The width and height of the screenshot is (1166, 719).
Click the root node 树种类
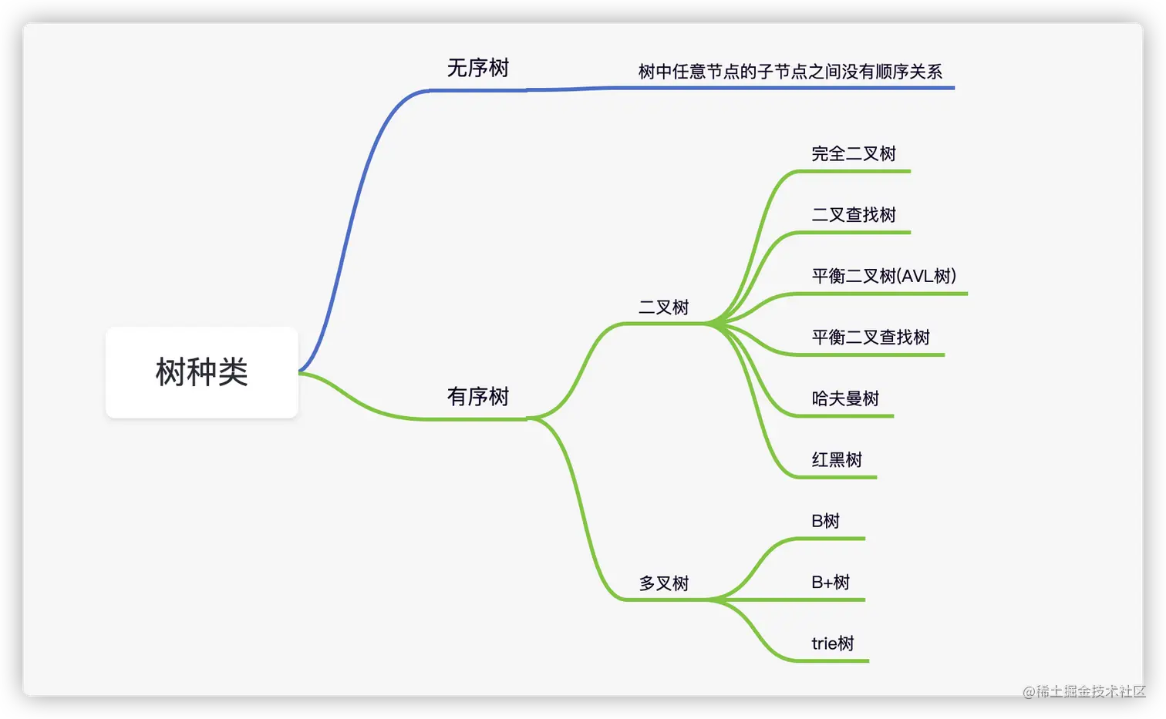click(201, 372)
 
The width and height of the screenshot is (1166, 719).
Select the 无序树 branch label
click(478, 69)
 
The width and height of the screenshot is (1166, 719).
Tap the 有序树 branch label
click(478, 397)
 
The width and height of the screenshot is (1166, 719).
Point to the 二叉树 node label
click(663, 307)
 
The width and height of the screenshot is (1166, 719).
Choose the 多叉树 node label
click(663, 583)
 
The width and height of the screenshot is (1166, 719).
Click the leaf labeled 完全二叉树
click(854, 154)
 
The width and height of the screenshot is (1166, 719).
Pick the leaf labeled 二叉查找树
click(854, 215)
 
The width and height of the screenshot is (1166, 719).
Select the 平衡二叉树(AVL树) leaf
click(884, 276)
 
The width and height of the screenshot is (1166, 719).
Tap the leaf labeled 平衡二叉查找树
click(871, 338)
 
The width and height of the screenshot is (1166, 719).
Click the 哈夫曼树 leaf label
click(845, 398)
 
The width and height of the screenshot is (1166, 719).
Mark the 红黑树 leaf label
click(837, 460)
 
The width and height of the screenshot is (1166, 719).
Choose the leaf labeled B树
click(825, 521)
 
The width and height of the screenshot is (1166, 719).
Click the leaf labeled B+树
click(831, 583)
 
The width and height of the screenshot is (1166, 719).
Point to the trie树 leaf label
click(833, 643)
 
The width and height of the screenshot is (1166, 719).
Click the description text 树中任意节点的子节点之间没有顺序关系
click(790, 72)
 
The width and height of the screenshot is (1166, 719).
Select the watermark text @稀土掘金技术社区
click(1083, 690)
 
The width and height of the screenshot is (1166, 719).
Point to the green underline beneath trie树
click(833, 660)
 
